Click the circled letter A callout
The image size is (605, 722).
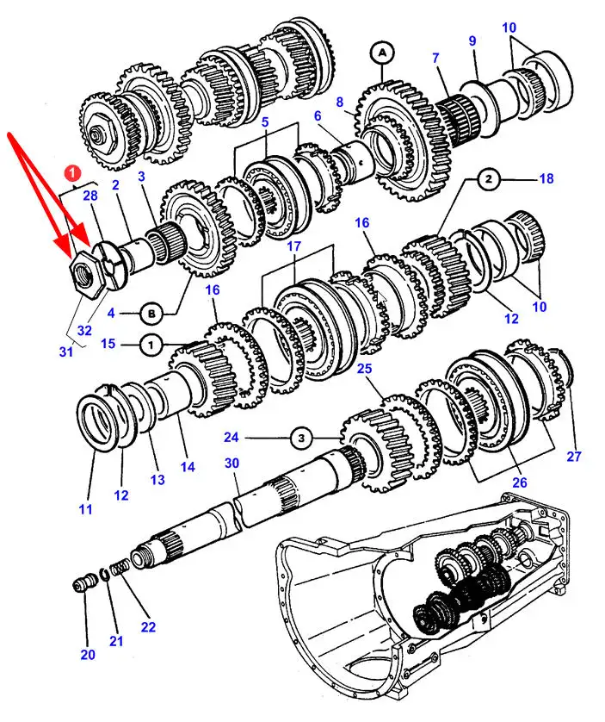pyautogui.click(x=382, y=53)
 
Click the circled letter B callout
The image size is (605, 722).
pyautogui.click(x=151, y=314)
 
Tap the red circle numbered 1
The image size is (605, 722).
pyautogui.click(x=72, y=173)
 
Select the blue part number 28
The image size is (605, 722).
pyautogui.click(x=90, y=196)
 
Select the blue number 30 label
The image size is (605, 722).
pyautogui.click(x=232, y=463)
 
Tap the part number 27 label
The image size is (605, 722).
pyautogui.click(x=574, y=457)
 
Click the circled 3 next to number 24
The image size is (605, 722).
pyautogui.click(x=301, y=438)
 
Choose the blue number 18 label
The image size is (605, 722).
pyautogui.click(x=546, y=178)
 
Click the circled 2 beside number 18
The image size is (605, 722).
pyautogui.click(x=489, y=178)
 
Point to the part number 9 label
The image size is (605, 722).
pyautogui.click(x=472, y=40)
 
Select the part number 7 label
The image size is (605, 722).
pyautogui.click(x=435, y=58)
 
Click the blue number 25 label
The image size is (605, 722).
pyautogui.click(x=364, y=369)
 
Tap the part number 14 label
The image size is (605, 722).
pyautogui.click(x=188, y=466)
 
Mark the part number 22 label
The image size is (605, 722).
pyautogui.click(x=148, y=626)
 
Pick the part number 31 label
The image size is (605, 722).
pyautogui.click(x=66, y=352)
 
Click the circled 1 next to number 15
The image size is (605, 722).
pyautogui.click(x=151, y=345)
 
